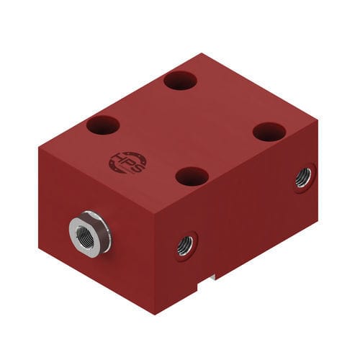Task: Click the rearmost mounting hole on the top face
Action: point(180,80)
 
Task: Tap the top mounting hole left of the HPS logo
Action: point(103,125)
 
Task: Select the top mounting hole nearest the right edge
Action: point(269,132)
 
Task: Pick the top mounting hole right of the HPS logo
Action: point(192,176)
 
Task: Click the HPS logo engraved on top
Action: point(127,162)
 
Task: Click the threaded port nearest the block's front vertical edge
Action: point(185,246)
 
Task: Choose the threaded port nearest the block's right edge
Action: point(303,177)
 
